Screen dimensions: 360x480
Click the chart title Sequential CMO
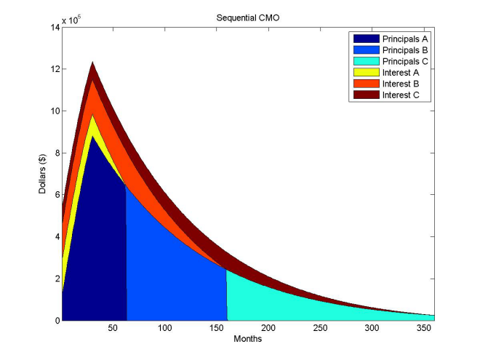[248, 16]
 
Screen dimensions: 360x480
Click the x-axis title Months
[248, 339]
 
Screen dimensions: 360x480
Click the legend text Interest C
[400, 95]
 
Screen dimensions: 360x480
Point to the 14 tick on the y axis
[53, 28]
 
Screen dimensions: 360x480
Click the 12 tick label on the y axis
[53, 70]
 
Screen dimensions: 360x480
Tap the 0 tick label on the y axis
[55, 321]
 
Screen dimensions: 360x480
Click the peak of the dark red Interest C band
[92, 63]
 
